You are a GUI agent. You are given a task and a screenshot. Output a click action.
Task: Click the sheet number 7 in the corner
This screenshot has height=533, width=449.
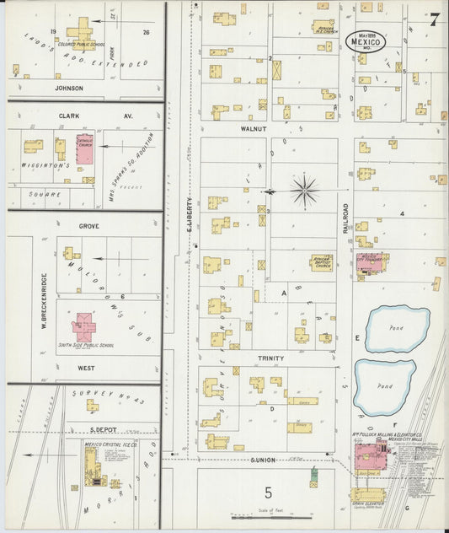(x=433, y=19)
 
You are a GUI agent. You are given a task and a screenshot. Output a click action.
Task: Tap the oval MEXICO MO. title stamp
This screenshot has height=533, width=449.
(x=370, y=43)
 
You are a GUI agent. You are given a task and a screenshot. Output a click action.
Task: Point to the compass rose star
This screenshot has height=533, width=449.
(x=304, y=191)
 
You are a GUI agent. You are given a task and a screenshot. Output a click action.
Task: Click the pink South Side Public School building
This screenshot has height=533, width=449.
(x=84, y=326)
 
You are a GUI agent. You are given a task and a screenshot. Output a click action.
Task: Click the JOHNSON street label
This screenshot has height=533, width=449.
(x=69, y=88)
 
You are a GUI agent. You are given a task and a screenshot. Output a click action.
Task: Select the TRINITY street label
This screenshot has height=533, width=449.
(x=270, y=358)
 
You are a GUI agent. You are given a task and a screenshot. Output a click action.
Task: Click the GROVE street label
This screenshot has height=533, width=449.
(x=89, y=227)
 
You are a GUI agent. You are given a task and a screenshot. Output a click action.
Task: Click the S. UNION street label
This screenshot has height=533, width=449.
(x=264, y=459)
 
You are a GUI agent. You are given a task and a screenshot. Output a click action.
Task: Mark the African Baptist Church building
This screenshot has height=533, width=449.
(x=321, y=262)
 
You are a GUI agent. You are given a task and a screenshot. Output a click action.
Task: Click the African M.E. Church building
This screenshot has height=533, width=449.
(x=323, y=26)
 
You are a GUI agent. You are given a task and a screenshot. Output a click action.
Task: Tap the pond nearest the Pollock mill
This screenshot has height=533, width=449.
(x=384, y=385)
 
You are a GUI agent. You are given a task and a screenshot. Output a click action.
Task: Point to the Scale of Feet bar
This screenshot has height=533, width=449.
(x=270, y=517)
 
